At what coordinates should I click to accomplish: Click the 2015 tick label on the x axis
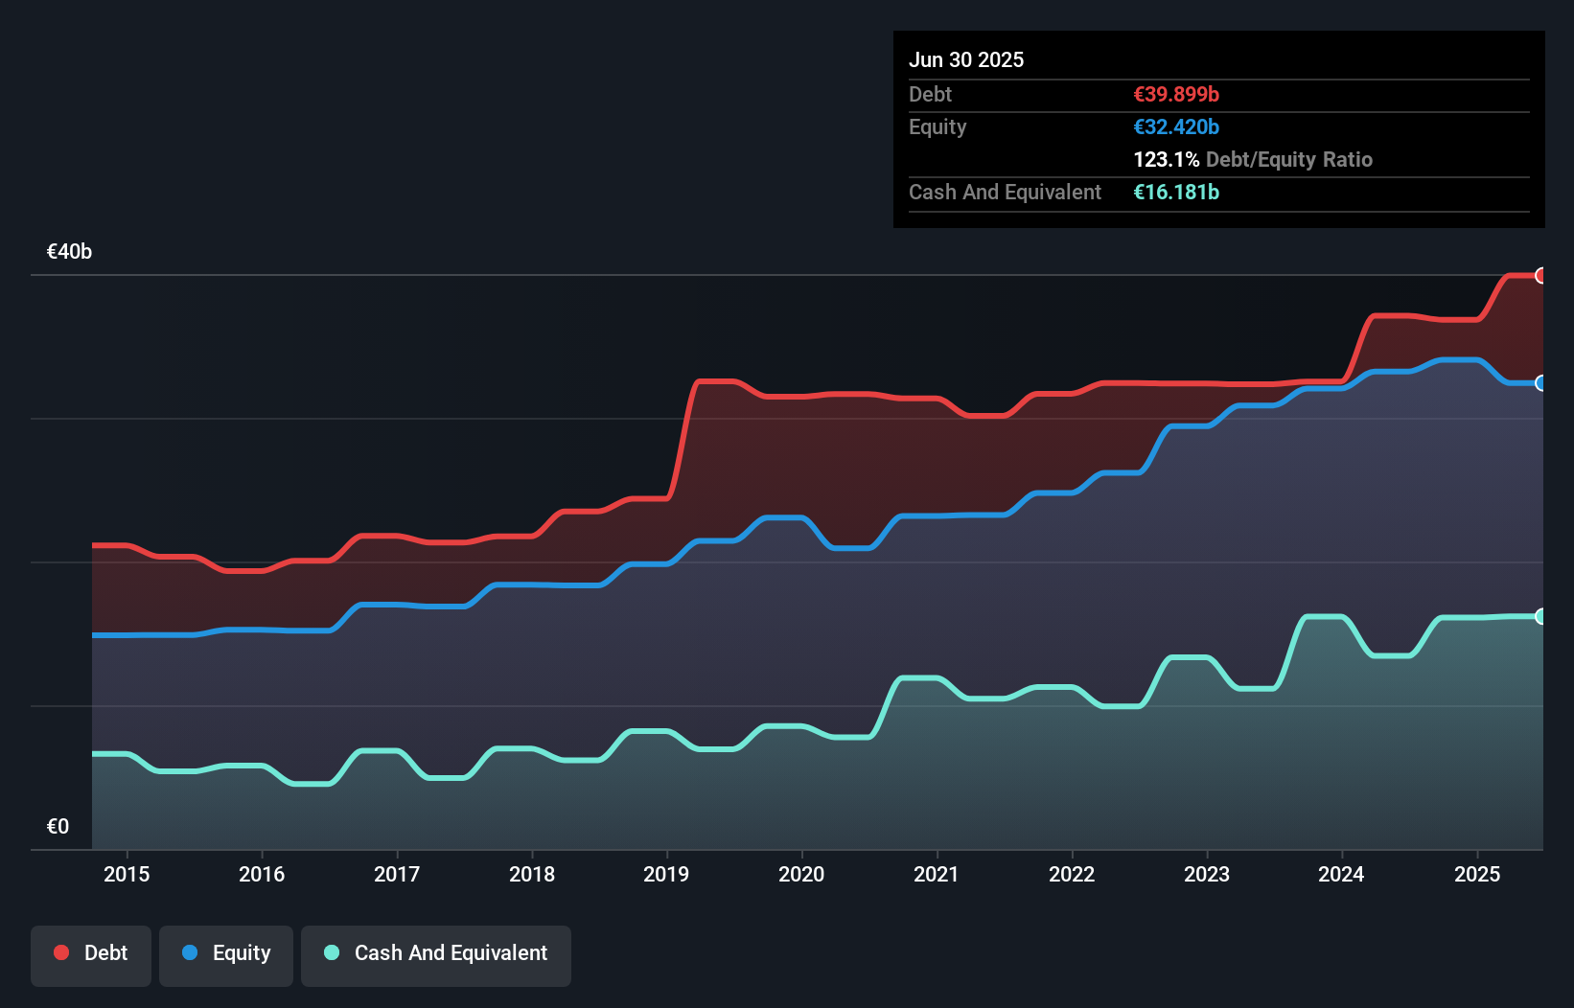[127, 874]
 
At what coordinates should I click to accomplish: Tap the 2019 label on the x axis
[666, 874]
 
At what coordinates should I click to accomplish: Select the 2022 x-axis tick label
[1071, 874]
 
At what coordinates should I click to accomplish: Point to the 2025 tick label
[1476, 874]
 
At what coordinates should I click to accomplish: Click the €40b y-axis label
[69, 252]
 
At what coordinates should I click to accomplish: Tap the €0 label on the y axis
[58, 826]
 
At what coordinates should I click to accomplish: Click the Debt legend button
[91, 953]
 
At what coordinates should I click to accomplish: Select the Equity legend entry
[226, 953]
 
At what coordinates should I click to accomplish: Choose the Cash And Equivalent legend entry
[436, 953]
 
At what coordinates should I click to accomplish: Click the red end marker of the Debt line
[1541, 276]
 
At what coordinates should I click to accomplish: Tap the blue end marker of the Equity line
[1541, 383]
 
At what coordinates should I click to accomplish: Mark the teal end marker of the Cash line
[1541, 616]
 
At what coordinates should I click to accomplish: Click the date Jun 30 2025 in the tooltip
[965, 59]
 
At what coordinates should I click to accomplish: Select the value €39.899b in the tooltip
[1175, 94]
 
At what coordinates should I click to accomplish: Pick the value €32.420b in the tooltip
[1175, 126]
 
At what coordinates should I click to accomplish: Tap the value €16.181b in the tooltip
[1175, 192]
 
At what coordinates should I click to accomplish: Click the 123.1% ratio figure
[1166, 159]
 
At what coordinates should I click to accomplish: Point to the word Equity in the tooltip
[937, 126]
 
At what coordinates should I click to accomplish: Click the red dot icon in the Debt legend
[61, 952]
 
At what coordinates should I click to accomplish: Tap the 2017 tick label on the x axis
[396, 874]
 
